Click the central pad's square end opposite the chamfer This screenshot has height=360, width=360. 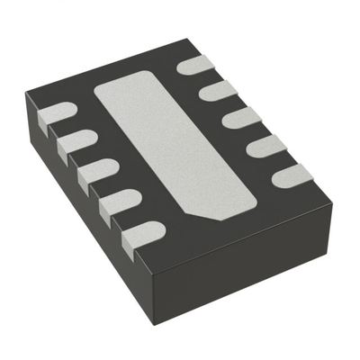pos(112,90)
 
